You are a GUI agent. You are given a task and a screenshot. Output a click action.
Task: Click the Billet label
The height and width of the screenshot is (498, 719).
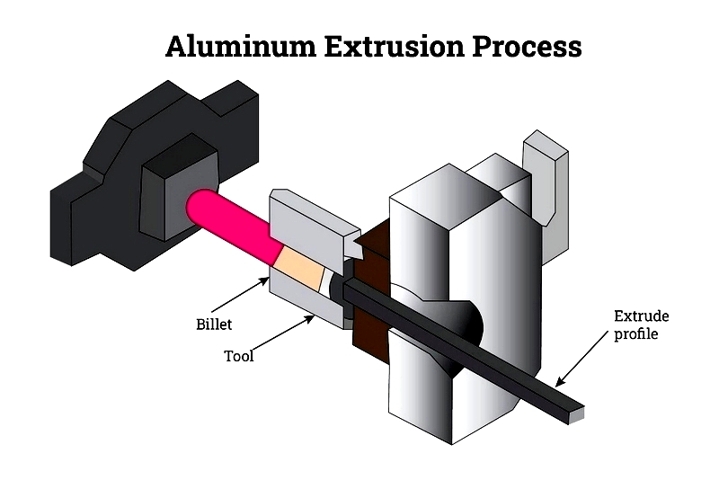click(214, 323)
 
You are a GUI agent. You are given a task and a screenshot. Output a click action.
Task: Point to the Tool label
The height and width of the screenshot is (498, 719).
click(239, 356)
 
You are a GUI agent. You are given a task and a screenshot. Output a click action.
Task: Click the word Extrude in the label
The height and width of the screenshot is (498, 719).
click(641, 316)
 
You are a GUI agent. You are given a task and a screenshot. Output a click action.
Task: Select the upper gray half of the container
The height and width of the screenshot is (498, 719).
click(310, 220)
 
